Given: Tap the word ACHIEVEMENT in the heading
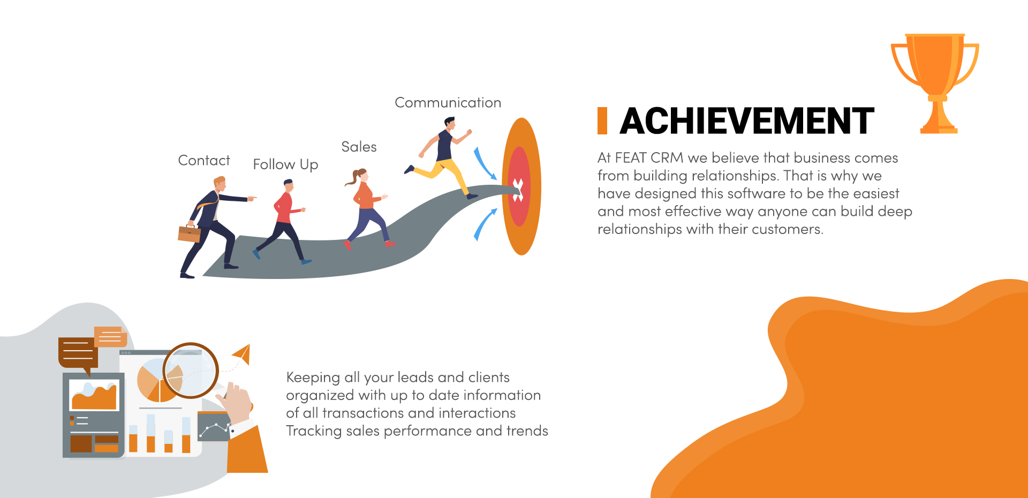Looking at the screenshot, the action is [x=747, y=121].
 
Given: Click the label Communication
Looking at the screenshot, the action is [x=448, y=102].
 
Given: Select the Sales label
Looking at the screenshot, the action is [x=359, y=147].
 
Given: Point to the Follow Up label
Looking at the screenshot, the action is [x=285, y=164].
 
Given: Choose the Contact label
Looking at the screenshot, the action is [x=204, y=160].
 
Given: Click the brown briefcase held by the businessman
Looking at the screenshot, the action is [x=189, y=233].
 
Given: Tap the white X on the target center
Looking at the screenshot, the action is [x=517, y=190].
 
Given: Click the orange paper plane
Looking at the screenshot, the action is [x=242, y=353].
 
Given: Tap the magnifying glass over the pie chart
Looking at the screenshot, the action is [x=191, y=370].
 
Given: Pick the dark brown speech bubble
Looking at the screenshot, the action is [x=78, y=354].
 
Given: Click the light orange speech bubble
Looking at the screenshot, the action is [x=110, y=337].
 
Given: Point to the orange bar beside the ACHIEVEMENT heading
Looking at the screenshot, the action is [x=602, y=120].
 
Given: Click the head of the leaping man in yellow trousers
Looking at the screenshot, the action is [x=450, y=124].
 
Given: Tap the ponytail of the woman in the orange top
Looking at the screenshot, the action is [x=353, y=178].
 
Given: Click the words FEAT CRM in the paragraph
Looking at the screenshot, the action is [x=649, y=158].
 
